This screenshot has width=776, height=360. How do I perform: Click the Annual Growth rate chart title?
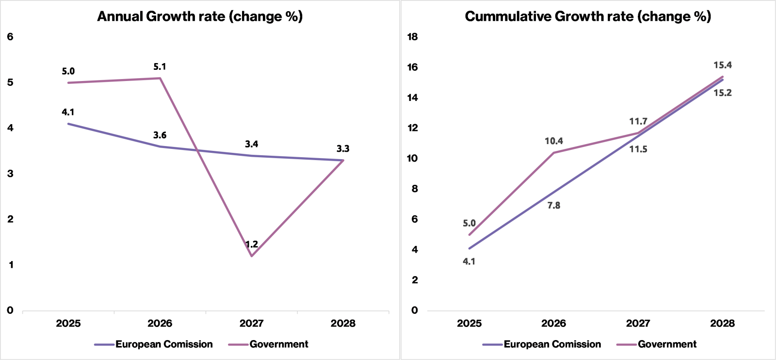click(200, 16)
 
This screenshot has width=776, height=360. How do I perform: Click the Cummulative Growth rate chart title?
click(588, 16)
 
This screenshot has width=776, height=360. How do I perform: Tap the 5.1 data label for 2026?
click(160, 66)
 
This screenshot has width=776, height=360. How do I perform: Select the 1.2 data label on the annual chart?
click(252, 244)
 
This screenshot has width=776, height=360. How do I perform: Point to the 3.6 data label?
click(160, 135)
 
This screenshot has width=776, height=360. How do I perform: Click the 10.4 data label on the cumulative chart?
click(553, 141)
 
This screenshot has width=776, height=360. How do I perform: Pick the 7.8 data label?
click(553, 205)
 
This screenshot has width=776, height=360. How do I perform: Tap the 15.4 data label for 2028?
click(723, 65)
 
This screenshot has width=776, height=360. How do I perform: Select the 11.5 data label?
click(638, 149)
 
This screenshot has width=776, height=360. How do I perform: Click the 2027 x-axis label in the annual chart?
click(252, 324)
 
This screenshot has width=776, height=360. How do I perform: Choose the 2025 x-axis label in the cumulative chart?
click(469, 324)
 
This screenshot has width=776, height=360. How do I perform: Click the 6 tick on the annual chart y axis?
click(10, 37)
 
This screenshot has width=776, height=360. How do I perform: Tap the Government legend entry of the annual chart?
click(268, 344)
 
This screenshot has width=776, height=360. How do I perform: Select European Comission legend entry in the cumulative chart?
click(542, 344)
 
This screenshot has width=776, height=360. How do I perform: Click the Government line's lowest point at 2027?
click(252, 256)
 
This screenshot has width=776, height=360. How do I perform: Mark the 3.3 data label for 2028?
click(343, 149)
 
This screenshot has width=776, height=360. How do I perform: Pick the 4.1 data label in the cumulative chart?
click(469, 262)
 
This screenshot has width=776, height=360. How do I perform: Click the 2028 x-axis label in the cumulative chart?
click(722, 324)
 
